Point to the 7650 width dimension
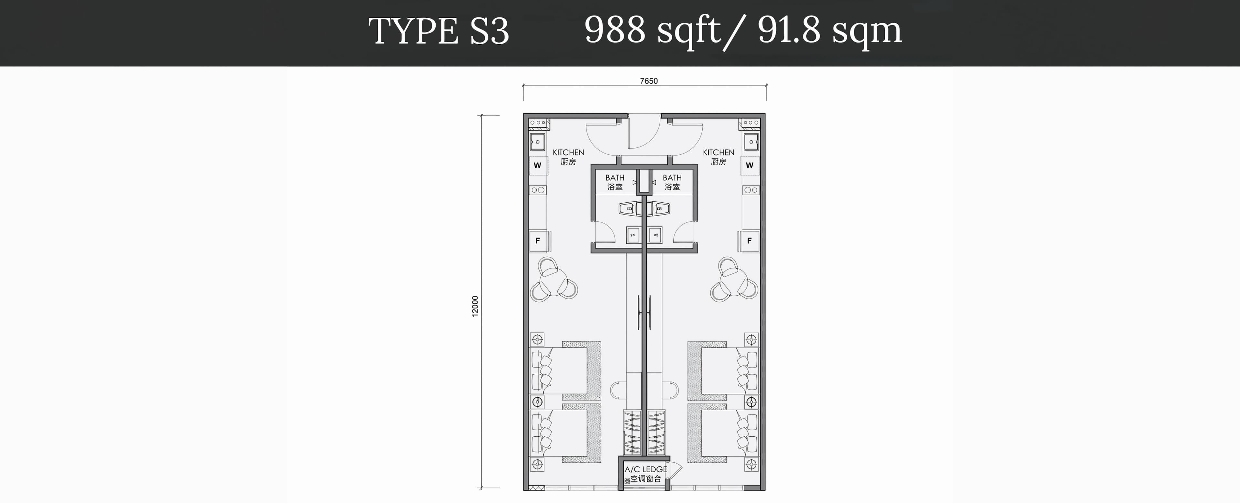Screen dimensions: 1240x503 648,81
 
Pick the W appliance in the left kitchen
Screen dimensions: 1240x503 537,165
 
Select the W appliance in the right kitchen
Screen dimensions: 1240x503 749,165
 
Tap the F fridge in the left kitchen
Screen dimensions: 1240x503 538,241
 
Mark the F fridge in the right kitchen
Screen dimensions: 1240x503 749,241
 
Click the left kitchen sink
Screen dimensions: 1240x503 537,142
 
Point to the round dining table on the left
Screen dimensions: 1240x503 553,280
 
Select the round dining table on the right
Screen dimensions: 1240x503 734,280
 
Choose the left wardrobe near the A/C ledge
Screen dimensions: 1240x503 632,432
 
